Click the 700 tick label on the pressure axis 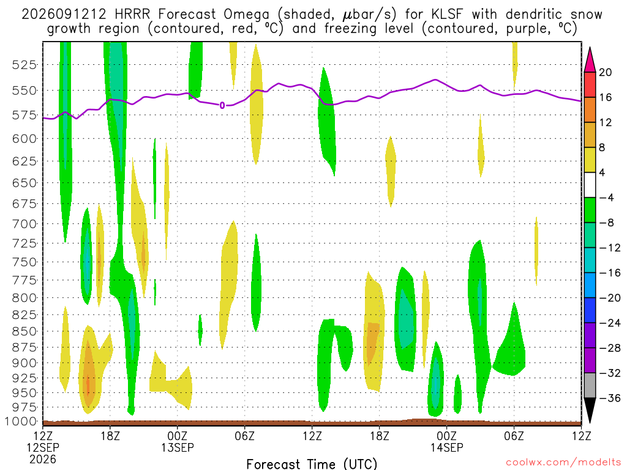tap(24, 224)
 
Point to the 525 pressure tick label tap(24, 65)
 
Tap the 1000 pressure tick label tap(21, 422)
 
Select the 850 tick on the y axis tap(24, 331)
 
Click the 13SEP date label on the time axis tap(178, 447)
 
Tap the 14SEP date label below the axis tap(446, 447)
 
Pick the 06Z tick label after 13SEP tap(245, 436)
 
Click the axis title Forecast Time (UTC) tap(312, 464)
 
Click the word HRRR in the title tap(132, 15)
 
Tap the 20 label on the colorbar tap(605, 72)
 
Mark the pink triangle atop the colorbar tap(590, 60)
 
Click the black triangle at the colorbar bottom tap(590, 409)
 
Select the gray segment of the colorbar tap(590, 386)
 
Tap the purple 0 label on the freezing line tap(222, 105)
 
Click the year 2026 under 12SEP tap(43, 459)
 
